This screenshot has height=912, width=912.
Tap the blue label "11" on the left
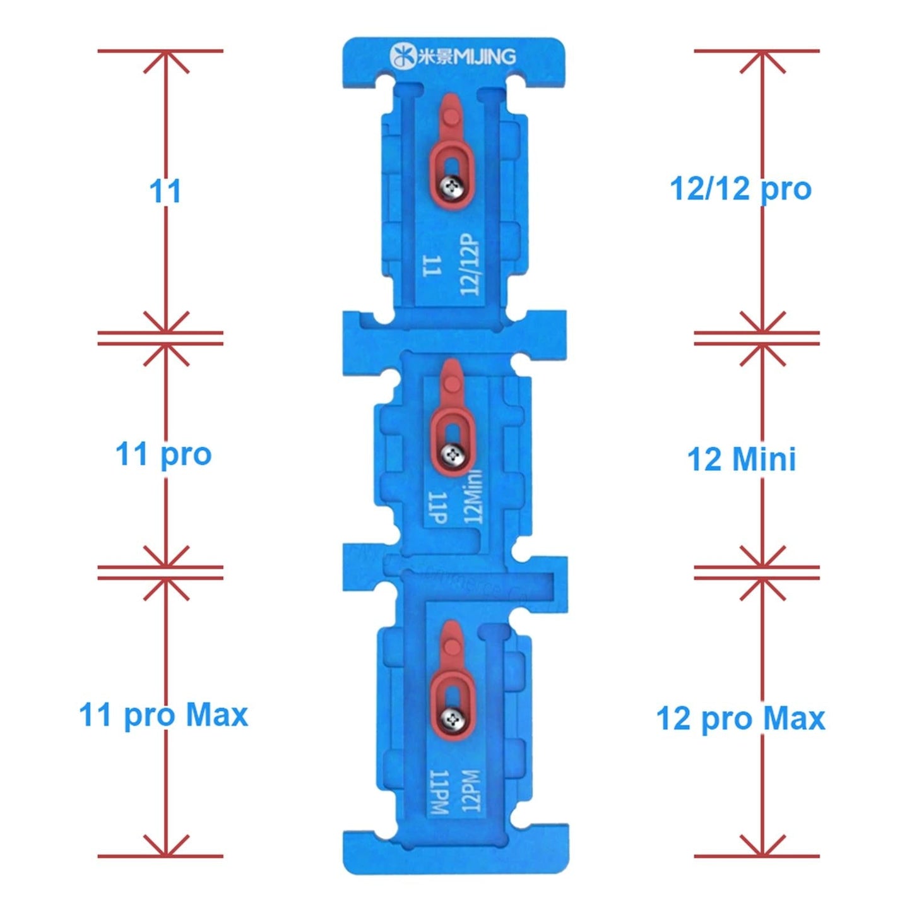pos(165,191)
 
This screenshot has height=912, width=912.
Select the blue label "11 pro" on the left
pos(163,454)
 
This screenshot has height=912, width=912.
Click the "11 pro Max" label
pos(163,716)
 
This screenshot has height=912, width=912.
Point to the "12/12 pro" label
pos(740,189)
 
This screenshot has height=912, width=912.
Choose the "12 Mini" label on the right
pos(741,459)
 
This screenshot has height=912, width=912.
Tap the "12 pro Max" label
pos(740,719)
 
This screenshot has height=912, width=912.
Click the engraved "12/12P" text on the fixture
pos(470,264)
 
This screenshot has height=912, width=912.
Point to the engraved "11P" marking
pos(437,508)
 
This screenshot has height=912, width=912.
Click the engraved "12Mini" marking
pos(473,497)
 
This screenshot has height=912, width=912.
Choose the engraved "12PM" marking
pos(471,791)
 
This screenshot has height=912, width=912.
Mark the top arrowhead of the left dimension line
pos(165,56)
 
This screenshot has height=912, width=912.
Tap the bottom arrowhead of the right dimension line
pos(762,851)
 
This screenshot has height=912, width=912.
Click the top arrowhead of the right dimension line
pos(762,56)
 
